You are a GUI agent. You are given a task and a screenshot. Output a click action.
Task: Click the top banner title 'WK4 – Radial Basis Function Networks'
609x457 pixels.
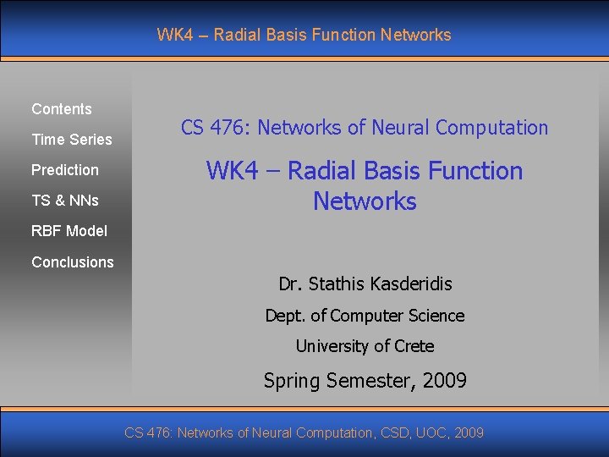[304, 35]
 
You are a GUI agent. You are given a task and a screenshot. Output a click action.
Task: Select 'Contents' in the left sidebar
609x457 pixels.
[62, 109]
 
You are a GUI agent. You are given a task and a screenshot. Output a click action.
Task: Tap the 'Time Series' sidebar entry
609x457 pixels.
[72, 140]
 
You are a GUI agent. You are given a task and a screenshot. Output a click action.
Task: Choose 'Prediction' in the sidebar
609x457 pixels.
[65, 170]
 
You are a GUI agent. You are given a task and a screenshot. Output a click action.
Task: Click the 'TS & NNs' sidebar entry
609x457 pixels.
[65, 201]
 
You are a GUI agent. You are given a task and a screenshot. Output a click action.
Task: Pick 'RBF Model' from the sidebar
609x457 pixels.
[69, 231]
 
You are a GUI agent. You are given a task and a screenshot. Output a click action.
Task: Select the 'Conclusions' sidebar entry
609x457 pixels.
[73, 262]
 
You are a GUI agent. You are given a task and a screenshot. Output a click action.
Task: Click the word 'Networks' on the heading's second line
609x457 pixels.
[365, 201]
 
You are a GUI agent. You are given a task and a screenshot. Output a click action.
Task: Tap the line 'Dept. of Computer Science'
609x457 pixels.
[365, 316]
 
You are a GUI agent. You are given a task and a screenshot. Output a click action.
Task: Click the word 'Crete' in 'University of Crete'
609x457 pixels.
[414, 346]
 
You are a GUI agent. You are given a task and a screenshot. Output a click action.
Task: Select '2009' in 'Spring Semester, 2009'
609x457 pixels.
[442, 381]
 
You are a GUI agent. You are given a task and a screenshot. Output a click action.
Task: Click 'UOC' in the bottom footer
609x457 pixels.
[433, 433]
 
